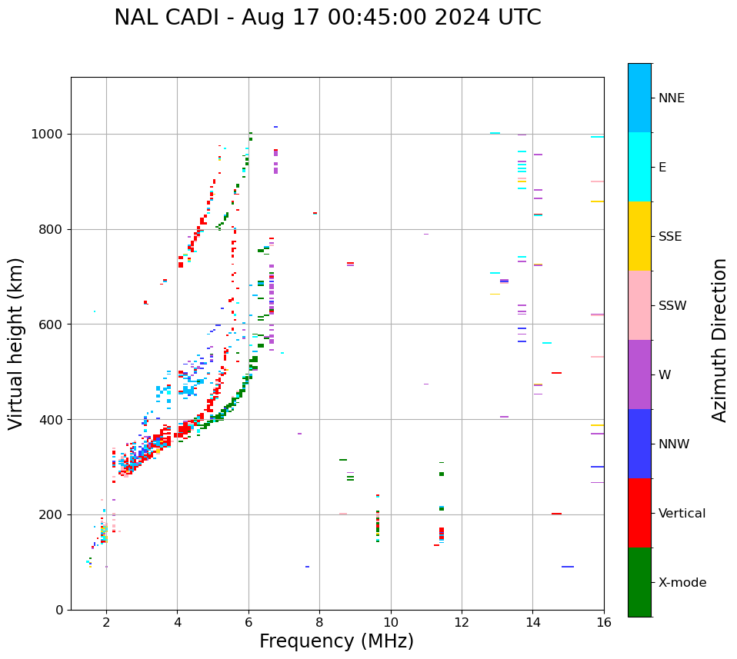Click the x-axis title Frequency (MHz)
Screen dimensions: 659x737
click(336, 641)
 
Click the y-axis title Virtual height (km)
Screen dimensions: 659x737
click(16, 344)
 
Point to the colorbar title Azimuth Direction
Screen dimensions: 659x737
click(719, 340)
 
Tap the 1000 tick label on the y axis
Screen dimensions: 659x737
click(48, 135)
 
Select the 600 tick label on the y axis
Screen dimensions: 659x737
click(52, 325)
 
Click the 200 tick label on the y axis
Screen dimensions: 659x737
click(52, 514)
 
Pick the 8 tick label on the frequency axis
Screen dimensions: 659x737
click(319, 623)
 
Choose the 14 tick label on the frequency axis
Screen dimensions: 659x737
click(533, 623)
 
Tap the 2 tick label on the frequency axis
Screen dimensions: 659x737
click(106, 623)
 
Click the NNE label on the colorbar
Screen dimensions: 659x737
click(671, 98)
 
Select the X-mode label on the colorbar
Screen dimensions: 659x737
click(682, 583)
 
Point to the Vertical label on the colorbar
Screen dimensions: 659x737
click(682, 514)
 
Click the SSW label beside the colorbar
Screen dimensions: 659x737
click(672, 306)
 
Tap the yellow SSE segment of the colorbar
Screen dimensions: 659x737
click(639, 236)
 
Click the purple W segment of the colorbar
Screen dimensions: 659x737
click(639, 374)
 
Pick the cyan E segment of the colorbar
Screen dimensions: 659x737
click(639, 167)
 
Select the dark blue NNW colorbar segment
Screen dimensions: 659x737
click(639, 444)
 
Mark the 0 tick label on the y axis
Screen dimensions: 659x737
click(59, 610)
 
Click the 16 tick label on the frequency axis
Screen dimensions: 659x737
click(604, 623)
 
